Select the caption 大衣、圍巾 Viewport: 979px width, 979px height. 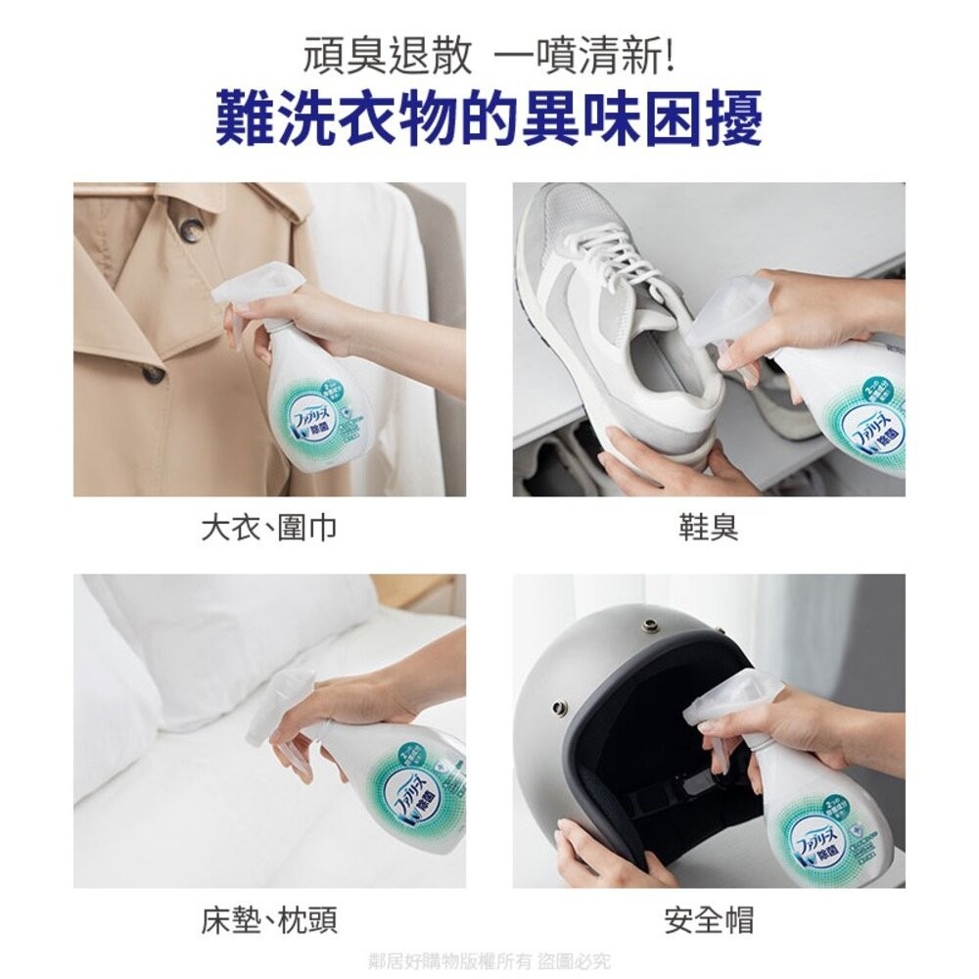tap(269, 529)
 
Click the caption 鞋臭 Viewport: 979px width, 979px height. tap(709, 529)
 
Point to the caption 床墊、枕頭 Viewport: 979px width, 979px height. tap(269, 920)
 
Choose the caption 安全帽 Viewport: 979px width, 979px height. tap(709, 920)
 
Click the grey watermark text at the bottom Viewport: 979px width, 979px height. tap(489, 960)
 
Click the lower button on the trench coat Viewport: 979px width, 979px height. tap(154, 373)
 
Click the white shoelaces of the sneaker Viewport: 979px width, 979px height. tap(617, 250)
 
